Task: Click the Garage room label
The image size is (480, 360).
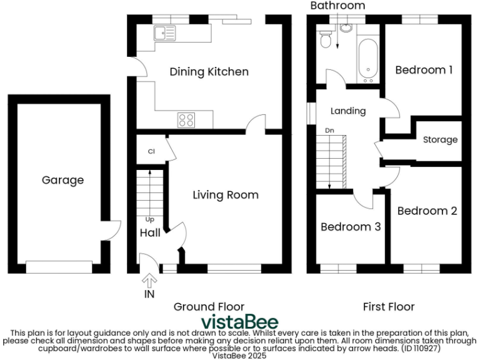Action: point(62,180)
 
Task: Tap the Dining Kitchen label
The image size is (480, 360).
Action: point(209,72)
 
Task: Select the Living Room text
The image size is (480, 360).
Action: point(225,195)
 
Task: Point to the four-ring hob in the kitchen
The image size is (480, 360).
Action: point(186,119)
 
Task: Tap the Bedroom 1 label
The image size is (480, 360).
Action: point(424,70)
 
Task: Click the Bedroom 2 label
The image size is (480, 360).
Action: point(427,211)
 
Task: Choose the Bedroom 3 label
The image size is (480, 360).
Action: point(351,227)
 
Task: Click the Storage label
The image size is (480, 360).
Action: point(440,139)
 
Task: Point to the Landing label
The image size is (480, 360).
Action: point(348,111)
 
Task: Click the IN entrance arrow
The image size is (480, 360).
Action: point(149,281)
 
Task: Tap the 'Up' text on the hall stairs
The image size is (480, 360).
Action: point(150,219)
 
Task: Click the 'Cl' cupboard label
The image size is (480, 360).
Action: point(151,151)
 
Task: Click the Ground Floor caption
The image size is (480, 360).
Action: point(209,307)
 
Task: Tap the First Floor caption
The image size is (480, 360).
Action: point(389,307)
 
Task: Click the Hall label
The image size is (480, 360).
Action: point(150,233)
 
